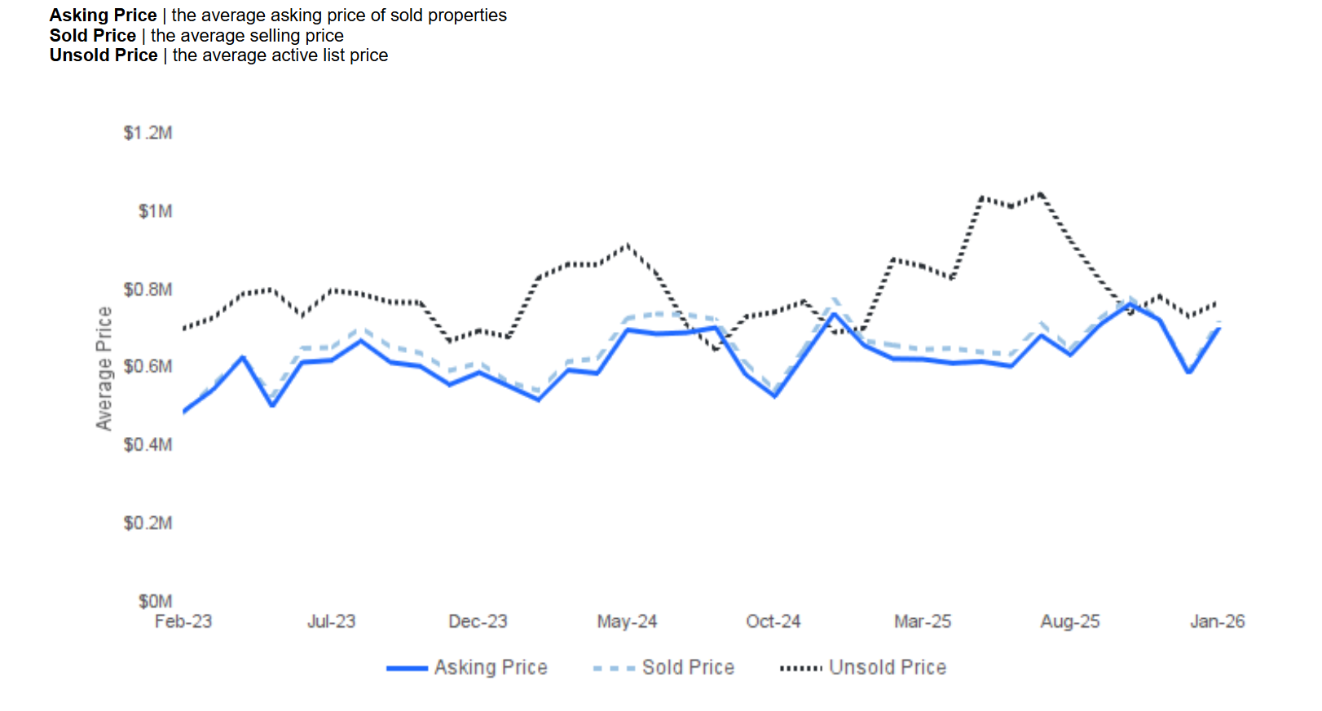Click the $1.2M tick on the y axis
point(148,133)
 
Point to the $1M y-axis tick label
point(155,211)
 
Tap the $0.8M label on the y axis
point(148,289)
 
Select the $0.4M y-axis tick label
point(148,444)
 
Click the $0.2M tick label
point(148,523)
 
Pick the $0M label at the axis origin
point(155,601)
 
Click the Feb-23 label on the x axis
point(183,621)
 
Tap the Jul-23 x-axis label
point(331,621)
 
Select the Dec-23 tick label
point(478,621)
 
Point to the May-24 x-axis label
point(627,621)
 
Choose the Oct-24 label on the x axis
point(773,621)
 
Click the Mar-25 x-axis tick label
point(923,621)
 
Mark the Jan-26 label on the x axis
point(1217,621)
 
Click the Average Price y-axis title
point(104,369)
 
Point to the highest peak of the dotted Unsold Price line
point(1040,194)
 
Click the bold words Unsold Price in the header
point(104,55)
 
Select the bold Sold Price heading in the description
point(93,36)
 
